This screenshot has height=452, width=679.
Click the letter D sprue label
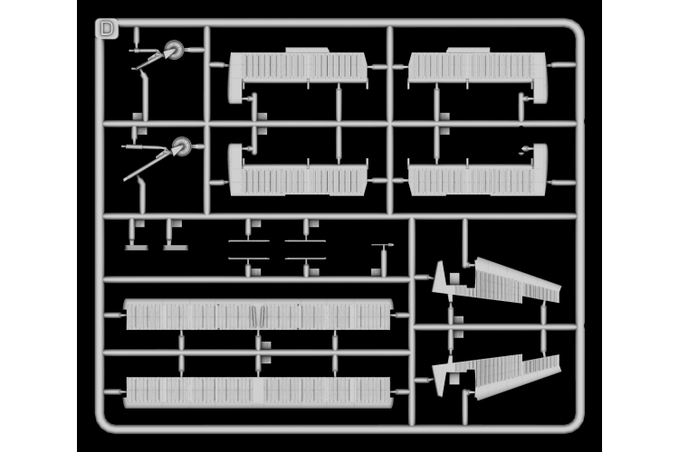[107, 29]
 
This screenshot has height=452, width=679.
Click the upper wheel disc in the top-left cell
[174, 50]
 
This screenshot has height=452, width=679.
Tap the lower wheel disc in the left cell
[181, 146]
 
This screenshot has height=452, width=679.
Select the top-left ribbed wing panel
[299, 67]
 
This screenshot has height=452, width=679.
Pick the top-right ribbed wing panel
[477, 67]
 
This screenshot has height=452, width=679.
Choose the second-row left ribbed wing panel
[299, 179]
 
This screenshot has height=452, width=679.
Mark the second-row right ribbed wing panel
[477, 179]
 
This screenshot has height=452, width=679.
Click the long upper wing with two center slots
[258, 315]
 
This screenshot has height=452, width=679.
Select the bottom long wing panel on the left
[258, 391]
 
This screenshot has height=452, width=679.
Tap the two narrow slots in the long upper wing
[258, 316]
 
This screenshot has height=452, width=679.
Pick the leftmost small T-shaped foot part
[136, 245]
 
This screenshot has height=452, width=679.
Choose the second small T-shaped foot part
[175, 245]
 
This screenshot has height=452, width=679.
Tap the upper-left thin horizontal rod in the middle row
[248, 240]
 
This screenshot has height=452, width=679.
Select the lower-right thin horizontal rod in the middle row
[305, 259]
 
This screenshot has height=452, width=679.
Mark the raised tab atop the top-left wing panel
[307, 50]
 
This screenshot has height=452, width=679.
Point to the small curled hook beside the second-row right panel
[525, 150]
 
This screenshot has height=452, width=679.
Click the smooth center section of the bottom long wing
[258, 391]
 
